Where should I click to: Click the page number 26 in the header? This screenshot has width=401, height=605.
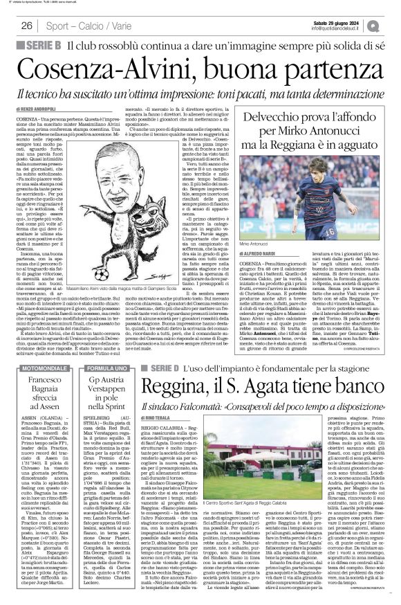coord(27,26)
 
